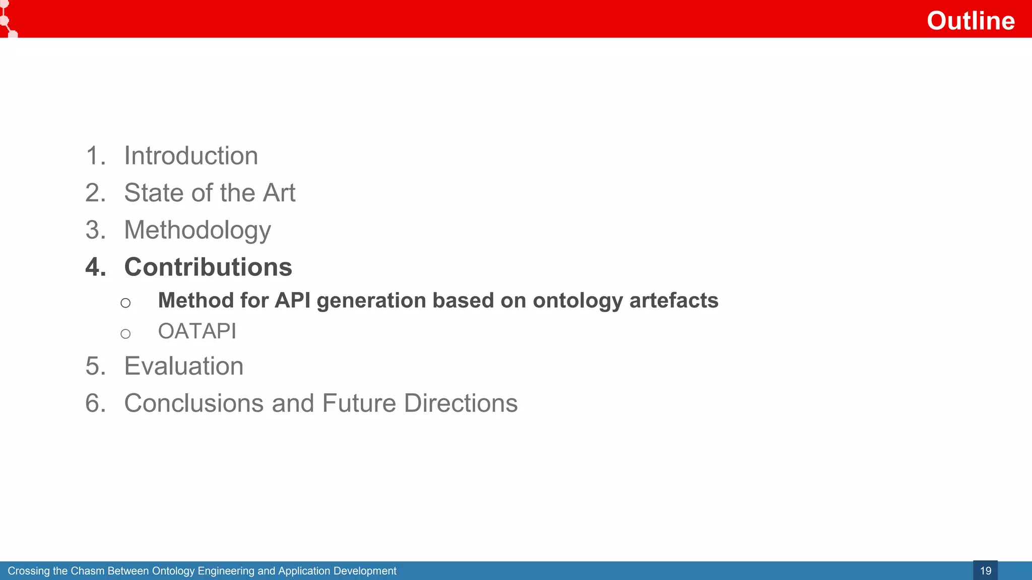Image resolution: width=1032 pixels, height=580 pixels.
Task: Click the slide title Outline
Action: point(970,21)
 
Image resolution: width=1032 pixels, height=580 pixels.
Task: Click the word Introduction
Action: point(191,156)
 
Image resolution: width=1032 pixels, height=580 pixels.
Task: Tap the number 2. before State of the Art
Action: point(96,193)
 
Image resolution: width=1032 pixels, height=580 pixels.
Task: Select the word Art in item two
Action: point(279,193)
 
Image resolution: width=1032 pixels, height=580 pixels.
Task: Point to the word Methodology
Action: point(198,231)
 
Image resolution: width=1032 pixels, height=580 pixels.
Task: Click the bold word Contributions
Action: point(208,267)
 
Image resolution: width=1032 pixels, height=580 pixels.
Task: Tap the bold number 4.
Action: point(96,267)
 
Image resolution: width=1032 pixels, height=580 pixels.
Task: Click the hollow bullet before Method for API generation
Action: point(125,303)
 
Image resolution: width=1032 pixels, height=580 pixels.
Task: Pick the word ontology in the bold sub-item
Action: point(578,301)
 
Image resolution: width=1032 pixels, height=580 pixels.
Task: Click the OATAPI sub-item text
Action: point(197,331)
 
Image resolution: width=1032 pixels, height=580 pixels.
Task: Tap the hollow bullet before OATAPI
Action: point(125,334)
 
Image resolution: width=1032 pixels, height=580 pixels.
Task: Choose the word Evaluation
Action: point(184,366)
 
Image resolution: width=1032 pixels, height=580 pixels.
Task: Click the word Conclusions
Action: point(194,403)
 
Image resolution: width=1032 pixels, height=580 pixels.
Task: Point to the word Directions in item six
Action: point(461,403)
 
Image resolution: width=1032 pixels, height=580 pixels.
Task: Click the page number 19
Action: point(985,571)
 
